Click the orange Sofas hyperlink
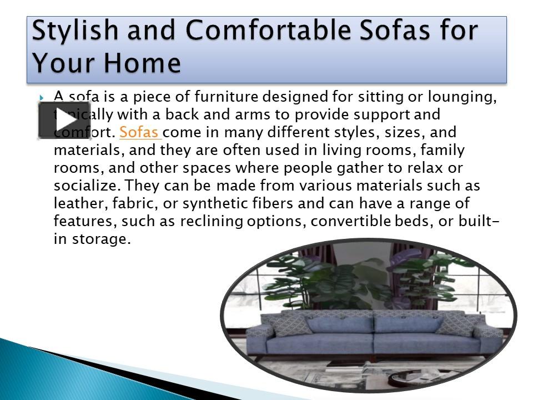click(139, 133)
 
